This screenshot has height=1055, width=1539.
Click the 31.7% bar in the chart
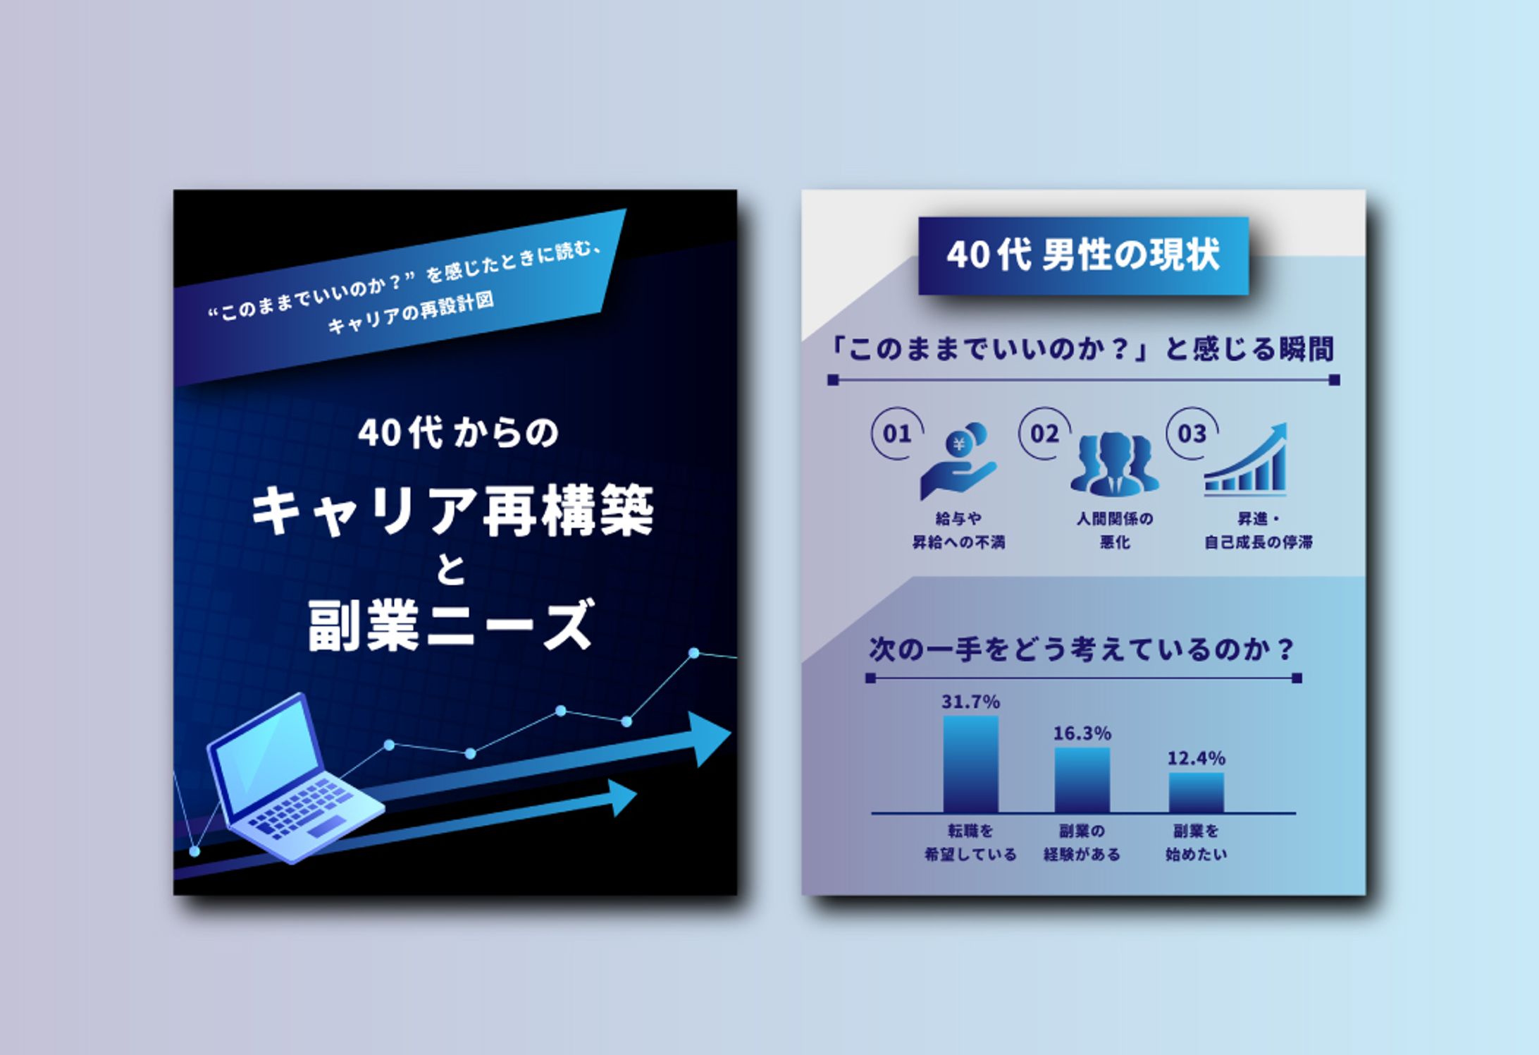[x=970, y=764]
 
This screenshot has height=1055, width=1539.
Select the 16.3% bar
[x=1082, y=780]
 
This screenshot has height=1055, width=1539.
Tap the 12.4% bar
[x=1196, y=793]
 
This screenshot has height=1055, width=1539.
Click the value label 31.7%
[x=970, y=702]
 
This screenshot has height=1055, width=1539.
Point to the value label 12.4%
[x=1196, y=758]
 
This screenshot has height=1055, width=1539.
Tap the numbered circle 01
[x=897, y=434]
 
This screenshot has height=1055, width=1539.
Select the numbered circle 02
[x=1044, y=434]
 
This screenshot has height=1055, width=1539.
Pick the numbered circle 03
[x=1192, y=434]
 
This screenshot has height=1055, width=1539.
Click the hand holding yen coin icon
[x=958, y=461]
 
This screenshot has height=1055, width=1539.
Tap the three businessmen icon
[x=1114, y=464]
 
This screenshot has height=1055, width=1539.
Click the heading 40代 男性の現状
[x=1083, y=255]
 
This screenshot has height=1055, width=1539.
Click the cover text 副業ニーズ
[x=452, y=624]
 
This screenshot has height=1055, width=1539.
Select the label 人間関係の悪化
[x=1114, y=530]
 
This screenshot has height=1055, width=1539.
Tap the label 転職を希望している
[x=970, y=843]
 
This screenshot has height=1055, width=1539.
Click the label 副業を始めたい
[x=1196, y=843]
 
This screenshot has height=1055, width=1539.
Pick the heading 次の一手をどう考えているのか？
[x=1082, y=650]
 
